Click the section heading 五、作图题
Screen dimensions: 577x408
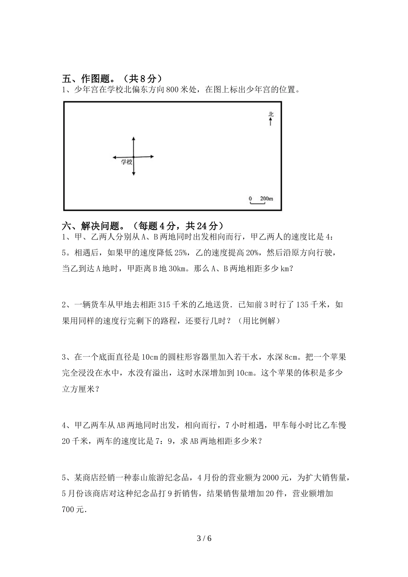pyautogui.click(x=88, y=79)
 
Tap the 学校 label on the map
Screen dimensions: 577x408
pyautogui.click(x=126, y=162)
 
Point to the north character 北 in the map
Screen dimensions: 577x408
pyautogui.click(x=271, y=114)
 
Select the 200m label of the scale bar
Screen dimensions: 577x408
pyautogui.click(x=266, y=199)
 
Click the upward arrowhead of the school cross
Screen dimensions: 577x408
pyautogui.click(x=134, y=139)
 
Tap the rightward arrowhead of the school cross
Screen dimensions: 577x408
pyautogui.click(x=152, y=157)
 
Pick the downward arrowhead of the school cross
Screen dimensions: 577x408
pyautogui.click(x=134, y=173)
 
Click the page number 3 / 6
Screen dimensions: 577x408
pyautogui.click(x=204, y=538)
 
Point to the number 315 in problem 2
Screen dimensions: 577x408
pyautogui.click(x=164, y=305)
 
